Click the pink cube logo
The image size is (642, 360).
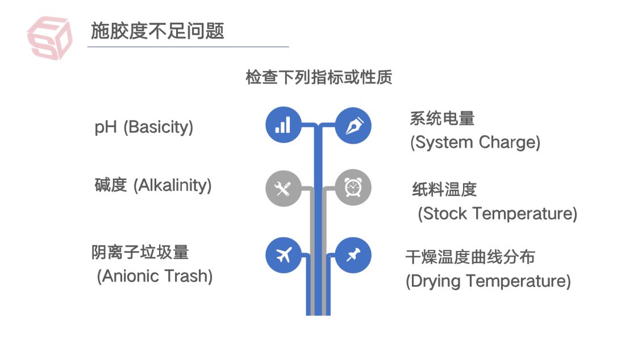pos(50,37)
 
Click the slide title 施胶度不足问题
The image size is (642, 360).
pos(157,30)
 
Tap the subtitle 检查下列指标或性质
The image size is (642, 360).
pos(319,77)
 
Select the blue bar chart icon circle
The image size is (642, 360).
pos(283,125)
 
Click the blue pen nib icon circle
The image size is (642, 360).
pos(353,125)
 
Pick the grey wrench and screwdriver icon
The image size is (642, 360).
pos(283,188)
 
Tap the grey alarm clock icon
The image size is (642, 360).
pos(353,188)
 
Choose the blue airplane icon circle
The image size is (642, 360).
pos(283,255)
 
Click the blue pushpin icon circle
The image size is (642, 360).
pos(353,255)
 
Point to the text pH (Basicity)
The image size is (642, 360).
pos(144,127)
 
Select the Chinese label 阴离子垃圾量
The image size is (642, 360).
pos(140,252)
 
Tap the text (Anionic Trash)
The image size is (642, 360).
pos(155,277)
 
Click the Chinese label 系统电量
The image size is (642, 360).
pos(442,118)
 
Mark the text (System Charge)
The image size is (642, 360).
pos(475,142)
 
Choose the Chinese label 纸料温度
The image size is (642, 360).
pos(444,189)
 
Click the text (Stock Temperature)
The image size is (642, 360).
pos(497,214)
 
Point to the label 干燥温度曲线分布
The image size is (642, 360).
pos(470,257)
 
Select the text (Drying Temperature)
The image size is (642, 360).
pos(487,281)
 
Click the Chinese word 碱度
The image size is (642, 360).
pos(110,185)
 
